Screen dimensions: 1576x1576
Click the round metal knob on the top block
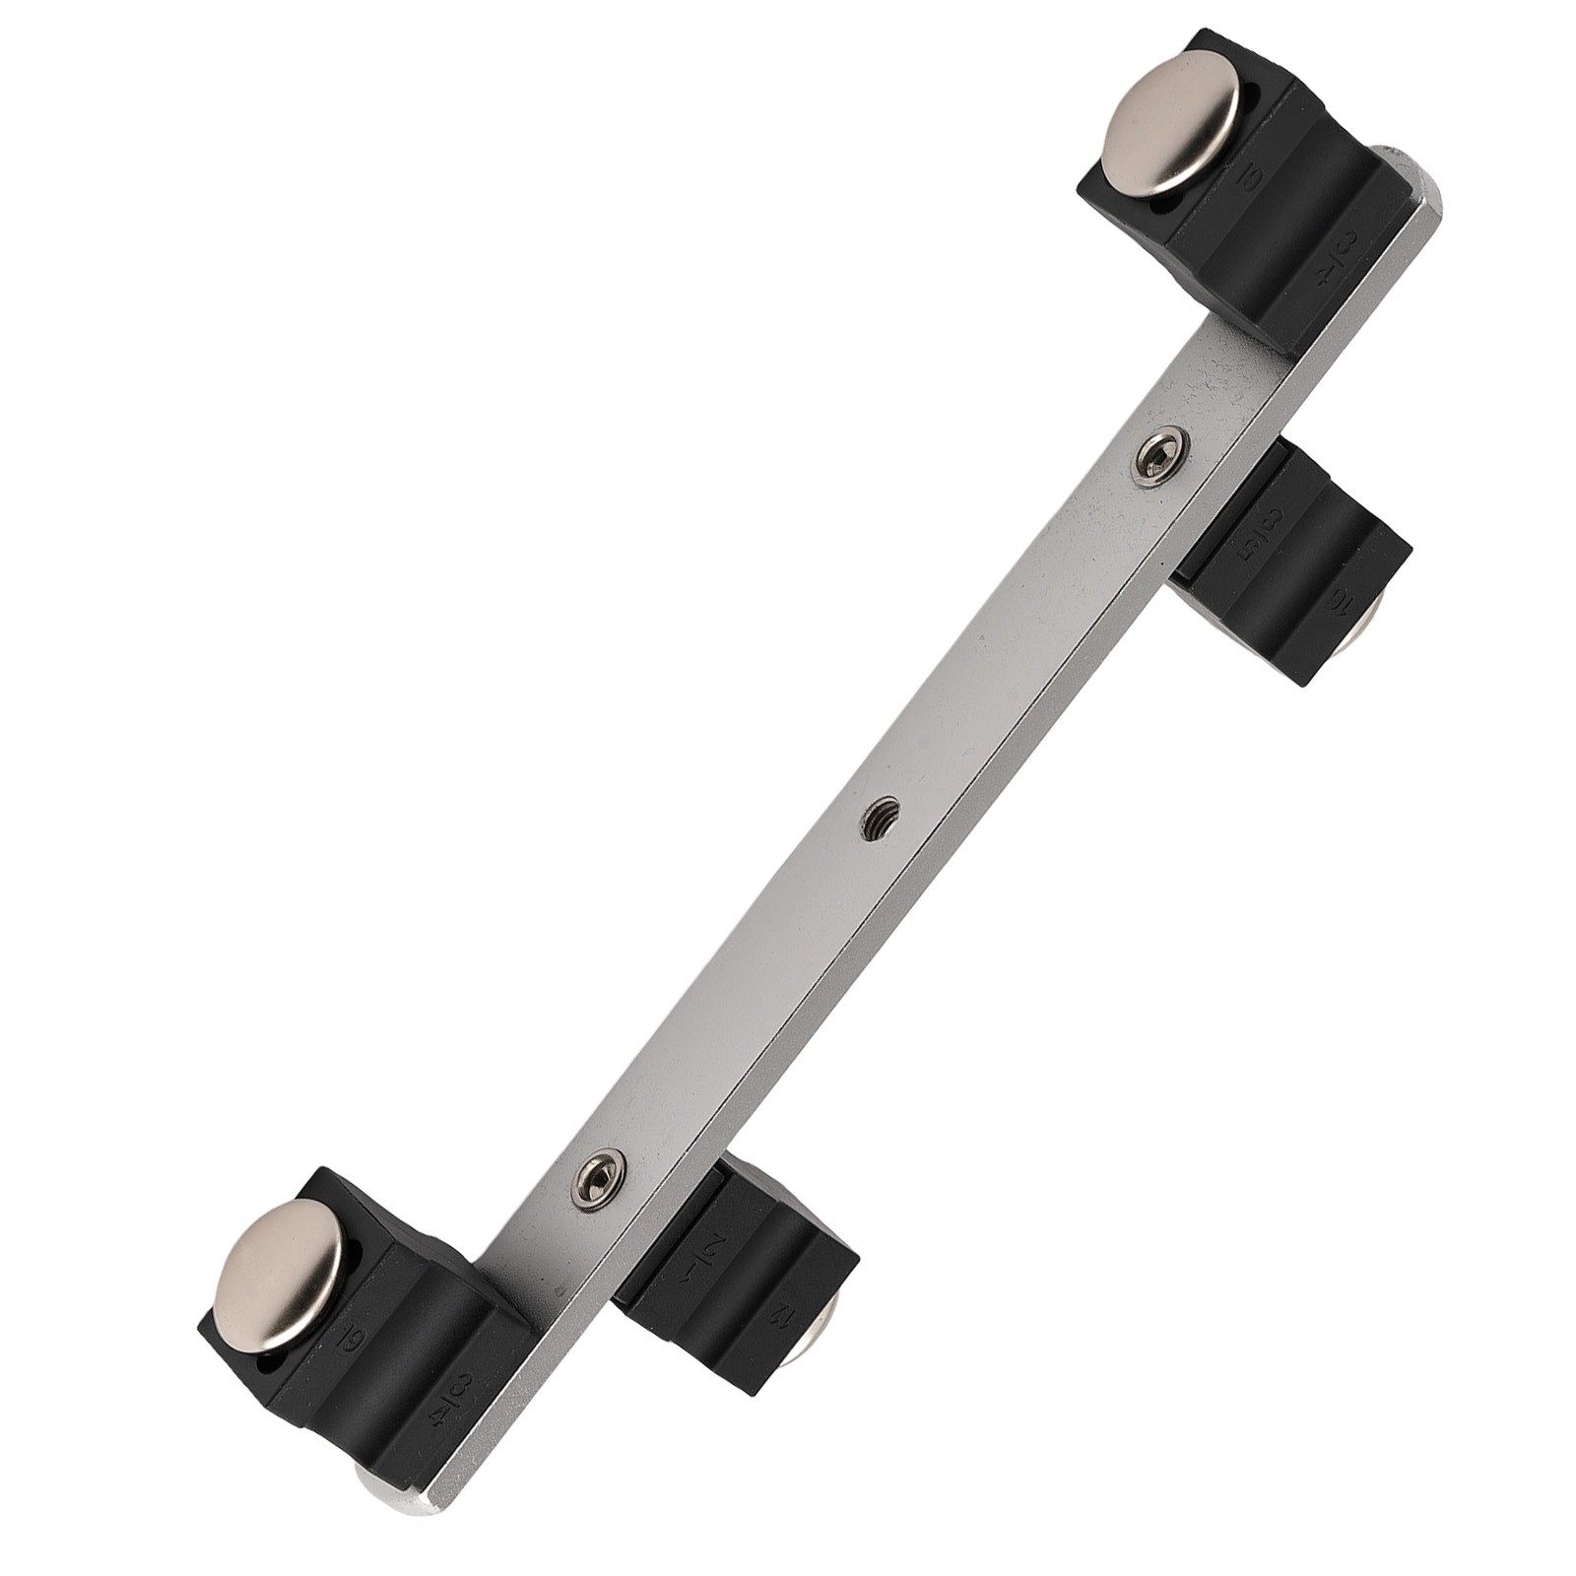(x=1170, y=122)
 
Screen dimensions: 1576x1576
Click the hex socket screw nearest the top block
(x=1159, y=456)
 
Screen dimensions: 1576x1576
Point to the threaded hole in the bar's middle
(x=880, y=818)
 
